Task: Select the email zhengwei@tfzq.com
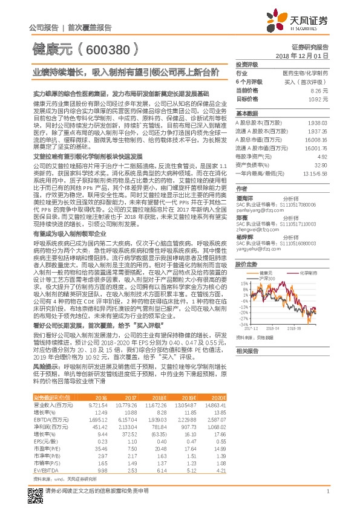coord(256,230)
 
